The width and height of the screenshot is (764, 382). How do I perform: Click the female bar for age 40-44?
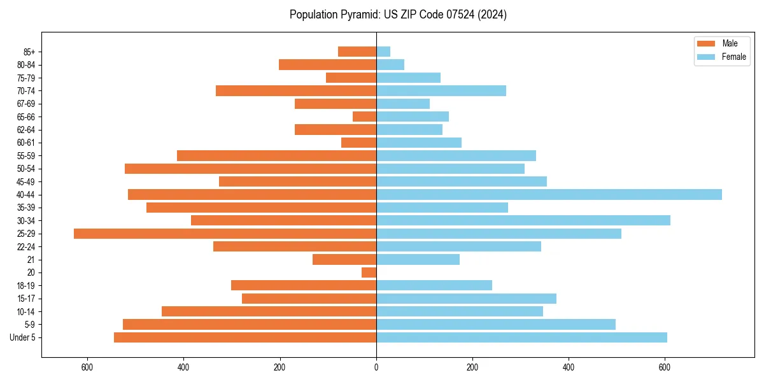tap(549, 195)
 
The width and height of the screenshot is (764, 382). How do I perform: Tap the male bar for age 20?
tap(369, 272)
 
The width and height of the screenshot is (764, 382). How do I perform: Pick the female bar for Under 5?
tap(521, 337)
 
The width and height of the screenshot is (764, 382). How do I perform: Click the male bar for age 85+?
tap(357, 52)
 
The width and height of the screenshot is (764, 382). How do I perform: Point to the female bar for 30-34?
tap(523, 220)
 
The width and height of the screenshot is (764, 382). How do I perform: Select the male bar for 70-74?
tap(296, 90)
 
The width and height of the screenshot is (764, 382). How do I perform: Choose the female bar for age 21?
tap(418, 260)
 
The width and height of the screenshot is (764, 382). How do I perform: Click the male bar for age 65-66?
tap(364, 117)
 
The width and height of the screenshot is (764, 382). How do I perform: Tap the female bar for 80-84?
tap(390, 64)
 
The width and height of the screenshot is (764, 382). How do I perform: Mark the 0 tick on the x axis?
tap(376, 367)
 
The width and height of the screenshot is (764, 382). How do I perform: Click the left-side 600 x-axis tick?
tap(87, 367)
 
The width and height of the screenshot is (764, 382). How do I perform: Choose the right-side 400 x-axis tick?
tap(569, 367)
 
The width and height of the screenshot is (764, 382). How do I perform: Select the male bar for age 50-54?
tap(250, 169)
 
